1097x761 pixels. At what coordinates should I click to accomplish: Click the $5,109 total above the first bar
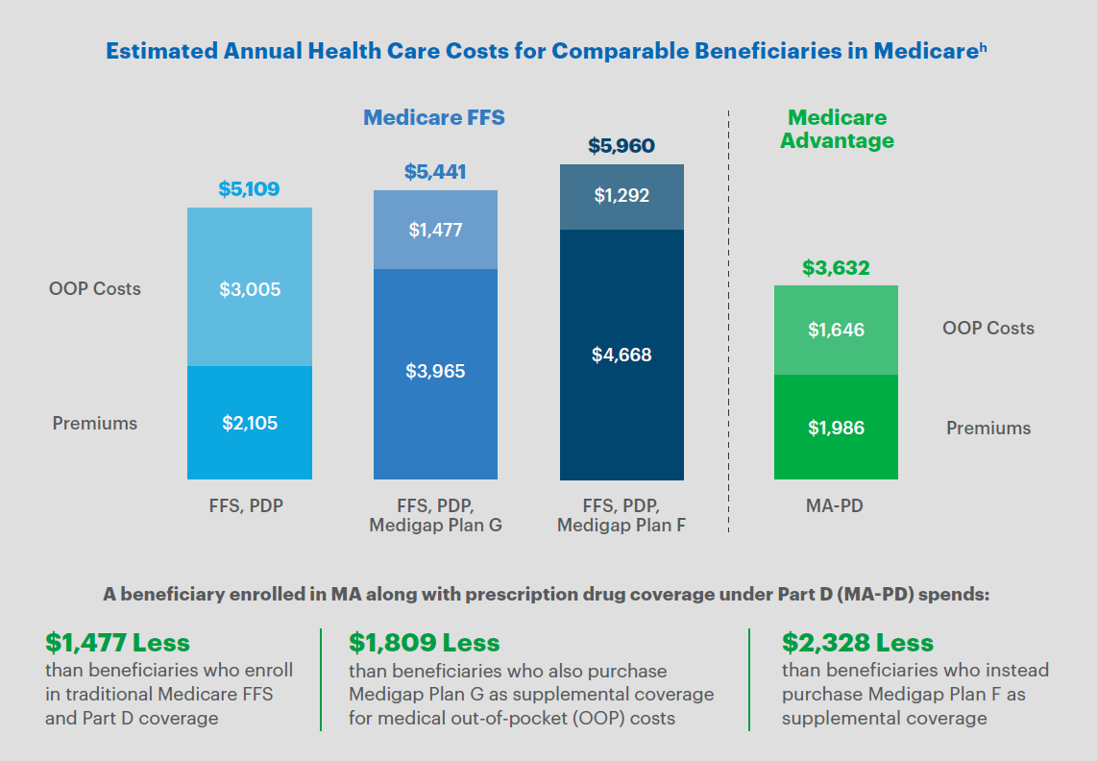249,189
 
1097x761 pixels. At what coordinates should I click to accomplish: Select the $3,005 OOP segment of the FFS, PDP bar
249,288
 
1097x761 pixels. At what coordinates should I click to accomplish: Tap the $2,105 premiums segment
249,423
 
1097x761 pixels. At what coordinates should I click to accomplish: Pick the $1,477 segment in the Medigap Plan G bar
435,230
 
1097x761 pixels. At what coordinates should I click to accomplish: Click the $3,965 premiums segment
435,371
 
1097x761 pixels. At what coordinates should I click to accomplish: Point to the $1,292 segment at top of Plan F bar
622,196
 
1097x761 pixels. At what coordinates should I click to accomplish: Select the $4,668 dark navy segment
622,355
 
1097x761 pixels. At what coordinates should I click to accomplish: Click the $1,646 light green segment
836,330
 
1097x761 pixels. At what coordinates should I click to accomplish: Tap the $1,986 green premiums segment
836,428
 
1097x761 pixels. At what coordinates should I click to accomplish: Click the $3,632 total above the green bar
836,268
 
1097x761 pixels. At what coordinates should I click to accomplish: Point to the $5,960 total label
622,147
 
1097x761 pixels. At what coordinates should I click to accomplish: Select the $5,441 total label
435,173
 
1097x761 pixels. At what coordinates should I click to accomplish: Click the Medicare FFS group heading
434,118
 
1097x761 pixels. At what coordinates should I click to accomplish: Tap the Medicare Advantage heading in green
837,129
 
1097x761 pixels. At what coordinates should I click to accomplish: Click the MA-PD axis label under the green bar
835,504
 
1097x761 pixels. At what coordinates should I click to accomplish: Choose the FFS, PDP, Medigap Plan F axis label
622,515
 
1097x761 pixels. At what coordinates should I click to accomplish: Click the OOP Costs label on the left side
94,288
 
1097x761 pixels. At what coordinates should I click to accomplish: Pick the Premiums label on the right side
988,429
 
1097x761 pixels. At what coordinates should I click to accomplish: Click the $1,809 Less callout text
425,642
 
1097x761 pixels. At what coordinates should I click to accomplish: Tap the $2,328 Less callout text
858,642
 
